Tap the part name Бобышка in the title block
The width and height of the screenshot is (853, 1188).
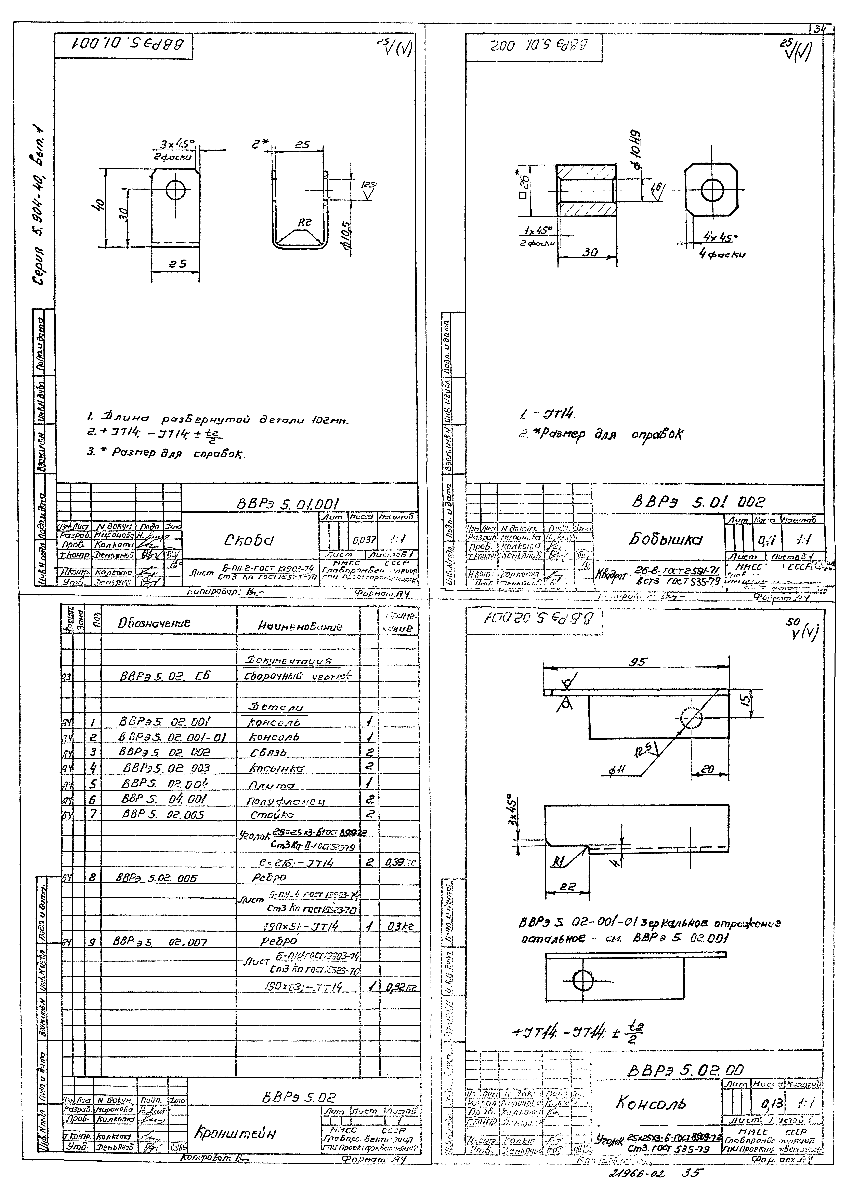click(659, 540)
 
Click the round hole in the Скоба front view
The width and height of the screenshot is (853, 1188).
click(175, 190)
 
